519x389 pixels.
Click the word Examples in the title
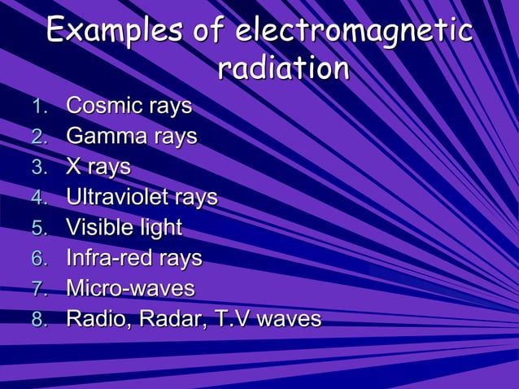click(114, 32)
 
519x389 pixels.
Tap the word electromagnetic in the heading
click(353, 32)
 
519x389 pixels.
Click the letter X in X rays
click(74, 166)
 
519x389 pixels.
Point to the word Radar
click(168, 318)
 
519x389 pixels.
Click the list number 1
click(37, 107)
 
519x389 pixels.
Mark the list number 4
click(37, 197)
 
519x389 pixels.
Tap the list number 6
click(37, 258)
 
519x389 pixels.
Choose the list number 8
click(37, 319)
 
